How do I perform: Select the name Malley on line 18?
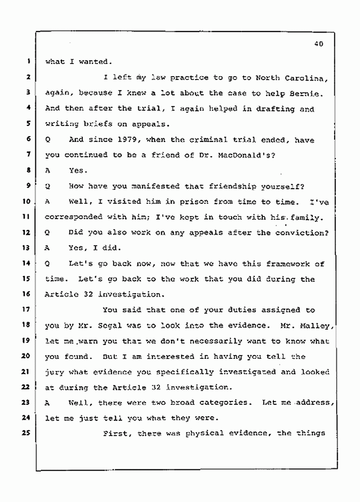(315, 325)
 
